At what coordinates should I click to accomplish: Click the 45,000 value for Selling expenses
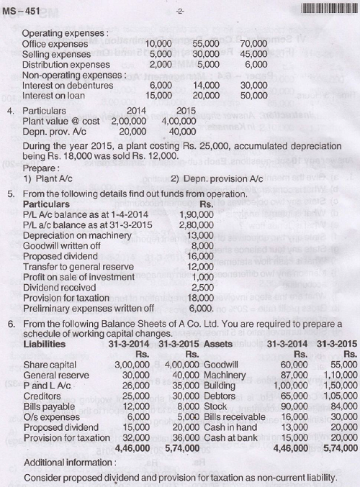pos(253,53)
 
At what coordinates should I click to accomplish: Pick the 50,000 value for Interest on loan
pos(253,94)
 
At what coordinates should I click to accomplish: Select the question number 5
pos(12,193)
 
